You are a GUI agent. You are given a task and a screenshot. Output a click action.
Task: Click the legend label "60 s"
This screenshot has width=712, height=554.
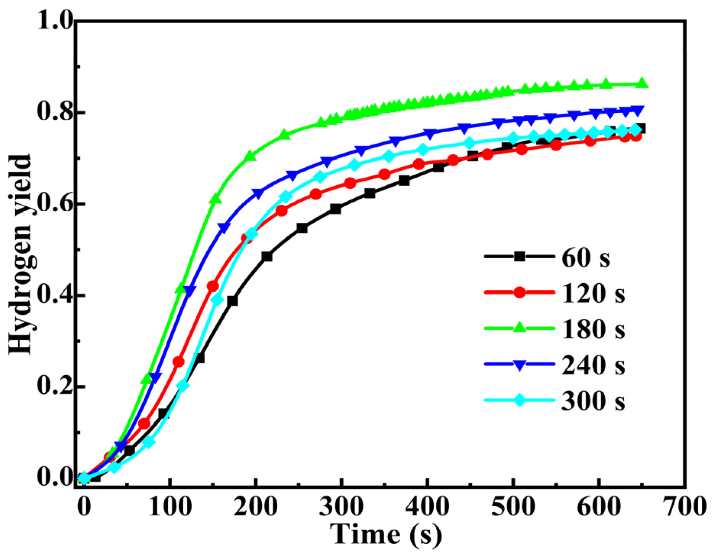[x=586, y=258]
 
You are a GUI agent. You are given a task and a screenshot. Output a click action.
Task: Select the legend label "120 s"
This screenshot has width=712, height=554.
[x=593, y=293]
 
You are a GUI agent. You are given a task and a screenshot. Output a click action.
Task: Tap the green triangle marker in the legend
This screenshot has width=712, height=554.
[x=519, y=328]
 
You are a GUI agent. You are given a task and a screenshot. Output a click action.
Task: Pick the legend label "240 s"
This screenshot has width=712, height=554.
[x=593, y=365]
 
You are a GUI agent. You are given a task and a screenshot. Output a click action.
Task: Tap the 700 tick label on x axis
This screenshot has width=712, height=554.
[x=684, y=507]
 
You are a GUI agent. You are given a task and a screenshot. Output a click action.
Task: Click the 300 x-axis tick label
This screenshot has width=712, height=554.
[x=341, y=507]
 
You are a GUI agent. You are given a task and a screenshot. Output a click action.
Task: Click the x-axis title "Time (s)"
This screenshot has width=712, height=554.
[x=386, y=534]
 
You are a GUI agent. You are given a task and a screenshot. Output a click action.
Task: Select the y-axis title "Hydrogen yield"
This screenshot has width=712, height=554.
[x=20, y=254]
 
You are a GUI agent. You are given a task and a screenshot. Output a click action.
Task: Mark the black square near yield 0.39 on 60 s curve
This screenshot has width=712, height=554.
[x=232, y=301]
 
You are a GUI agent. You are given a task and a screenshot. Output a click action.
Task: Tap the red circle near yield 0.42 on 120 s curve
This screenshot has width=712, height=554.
[x=213, y=286]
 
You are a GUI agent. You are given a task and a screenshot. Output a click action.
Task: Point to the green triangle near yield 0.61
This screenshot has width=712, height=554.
[x=215, y=199]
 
